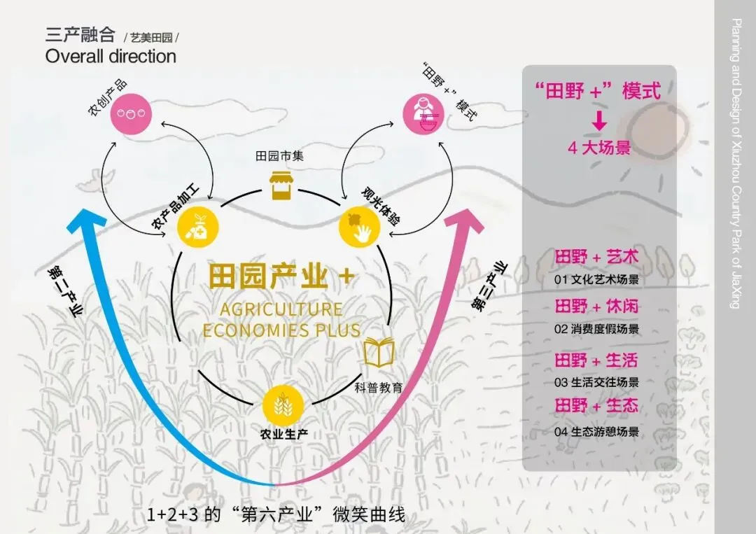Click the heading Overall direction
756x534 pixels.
click(111, 57)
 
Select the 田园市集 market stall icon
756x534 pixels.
click(281, 185)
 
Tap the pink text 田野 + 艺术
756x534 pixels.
click(596, 257)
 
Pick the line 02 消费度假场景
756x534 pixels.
click(596, 328)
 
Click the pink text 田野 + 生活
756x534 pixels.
click(596, 361)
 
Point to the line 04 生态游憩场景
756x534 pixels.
click(596, 432)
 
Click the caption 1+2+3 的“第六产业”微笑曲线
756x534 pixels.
click(276, 514)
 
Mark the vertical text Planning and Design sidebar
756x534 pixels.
click(736, 164)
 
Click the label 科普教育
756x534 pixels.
click(379, 386)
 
